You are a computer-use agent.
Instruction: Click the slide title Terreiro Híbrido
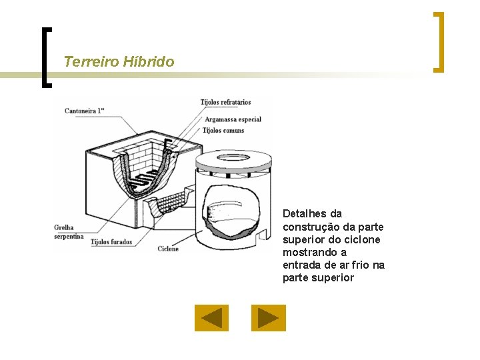(119, 61)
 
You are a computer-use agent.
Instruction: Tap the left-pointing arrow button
(211, 318)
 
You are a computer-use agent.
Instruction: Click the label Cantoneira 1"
(85, 111)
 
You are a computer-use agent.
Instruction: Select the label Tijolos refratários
(225, 102)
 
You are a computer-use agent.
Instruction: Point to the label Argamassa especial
(233, 119)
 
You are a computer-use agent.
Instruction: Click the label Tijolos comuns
(223, 131)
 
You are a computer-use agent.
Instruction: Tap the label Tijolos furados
(111, 242)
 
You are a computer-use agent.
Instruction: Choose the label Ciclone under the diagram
(168, 249)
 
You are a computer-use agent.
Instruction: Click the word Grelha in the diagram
(64, 227)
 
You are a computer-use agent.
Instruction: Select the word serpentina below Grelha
(69, 236)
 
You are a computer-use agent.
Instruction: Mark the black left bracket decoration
(47, 57)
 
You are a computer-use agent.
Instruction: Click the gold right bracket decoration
(439, 42)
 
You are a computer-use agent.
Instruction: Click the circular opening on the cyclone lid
(233, 158)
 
